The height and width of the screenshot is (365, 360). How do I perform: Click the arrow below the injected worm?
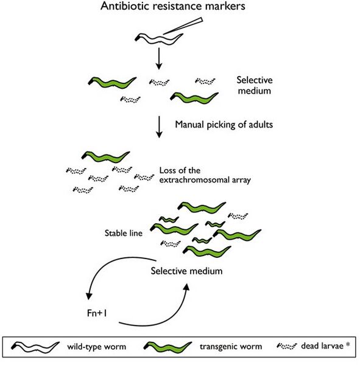tap(159, 58)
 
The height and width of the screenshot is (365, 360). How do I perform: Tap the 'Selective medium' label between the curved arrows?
tap(185, 269)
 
